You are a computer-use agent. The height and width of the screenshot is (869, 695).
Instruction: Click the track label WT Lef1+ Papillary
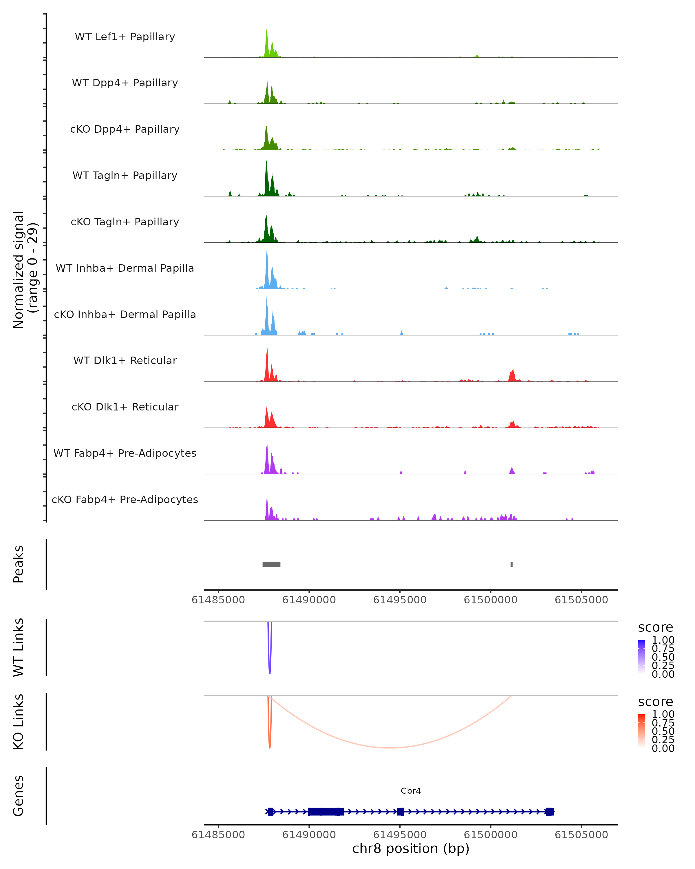125,37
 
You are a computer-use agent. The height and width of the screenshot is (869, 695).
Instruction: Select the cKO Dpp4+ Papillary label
125,129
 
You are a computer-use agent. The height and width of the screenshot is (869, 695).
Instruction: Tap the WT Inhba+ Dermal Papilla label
125,269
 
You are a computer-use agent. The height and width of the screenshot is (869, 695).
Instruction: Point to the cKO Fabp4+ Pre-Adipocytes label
125,500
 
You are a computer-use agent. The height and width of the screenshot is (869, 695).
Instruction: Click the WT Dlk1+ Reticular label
125,361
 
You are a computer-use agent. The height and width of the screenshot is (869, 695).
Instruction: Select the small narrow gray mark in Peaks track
512,564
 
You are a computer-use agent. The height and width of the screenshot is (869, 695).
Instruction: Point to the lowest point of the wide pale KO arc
389,748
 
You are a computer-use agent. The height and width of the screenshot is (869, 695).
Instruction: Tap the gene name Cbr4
411,791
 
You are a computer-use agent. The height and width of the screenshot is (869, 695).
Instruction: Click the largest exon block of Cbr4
325,811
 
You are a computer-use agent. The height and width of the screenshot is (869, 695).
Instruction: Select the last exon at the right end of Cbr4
550,811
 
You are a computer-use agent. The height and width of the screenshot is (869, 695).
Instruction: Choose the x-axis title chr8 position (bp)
411,849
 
